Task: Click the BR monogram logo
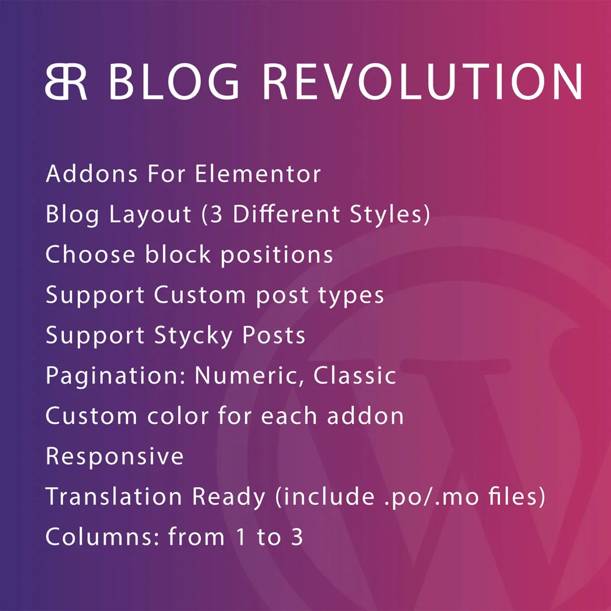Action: [x=66, y=81]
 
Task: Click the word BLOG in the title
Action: [x=174, y=81]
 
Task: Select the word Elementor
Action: [x=257, y=174]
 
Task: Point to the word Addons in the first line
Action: [x=92, y=174]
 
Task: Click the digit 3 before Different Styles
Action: [x=216, y=214]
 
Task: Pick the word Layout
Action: [x=150, y=215]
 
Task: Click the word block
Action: [x=178, y=254]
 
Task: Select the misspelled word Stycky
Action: [x=193, y=336]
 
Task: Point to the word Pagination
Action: [x=116, y=377]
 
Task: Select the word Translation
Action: [x=114, y=497]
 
